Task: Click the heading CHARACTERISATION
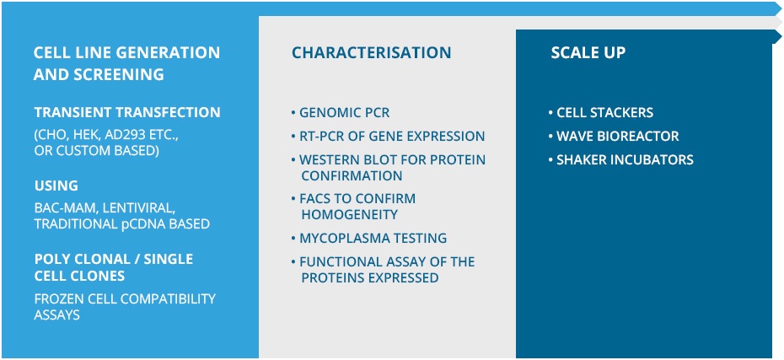click(x=371, y=52)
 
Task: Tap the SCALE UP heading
click(x=588, y=52)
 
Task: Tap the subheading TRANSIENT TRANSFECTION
click(x=127, y=112)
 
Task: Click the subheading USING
click(x=56, y=186)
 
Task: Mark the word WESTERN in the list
click(x=326, y=160)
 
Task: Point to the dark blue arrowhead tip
click(x=781, y=36)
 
